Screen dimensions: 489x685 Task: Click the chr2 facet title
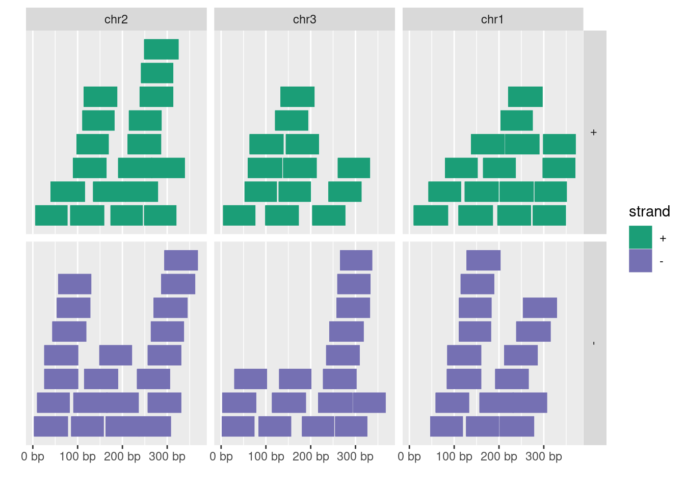tap(116, 19)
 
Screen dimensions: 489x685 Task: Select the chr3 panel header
tap(304, 19)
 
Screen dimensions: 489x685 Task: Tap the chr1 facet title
tap(492, 19)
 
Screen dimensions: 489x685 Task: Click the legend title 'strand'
tap(649, 211)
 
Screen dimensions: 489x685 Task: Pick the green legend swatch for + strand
tap(640, 237)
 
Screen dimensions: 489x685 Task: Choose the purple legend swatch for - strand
tap(640, 261)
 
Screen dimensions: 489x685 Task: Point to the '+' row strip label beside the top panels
tap(594, 132)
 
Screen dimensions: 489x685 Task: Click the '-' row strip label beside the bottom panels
tap(594, 343)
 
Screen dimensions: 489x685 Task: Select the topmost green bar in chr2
tap(161, 49)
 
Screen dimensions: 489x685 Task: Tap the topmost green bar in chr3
tap(297, 97)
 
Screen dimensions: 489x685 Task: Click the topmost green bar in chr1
tap(525, 97)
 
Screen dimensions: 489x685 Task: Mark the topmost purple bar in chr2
tap(181, 260)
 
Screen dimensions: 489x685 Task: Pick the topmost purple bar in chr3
tap(356, 260)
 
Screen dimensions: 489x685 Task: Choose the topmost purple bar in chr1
tap(483, 260)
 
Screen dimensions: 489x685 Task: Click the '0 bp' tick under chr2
tap(33, 456)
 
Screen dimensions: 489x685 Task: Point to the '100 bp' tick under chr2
tap(77, 456)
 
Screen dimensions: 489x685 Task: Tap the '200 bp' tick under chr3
tap(310, 456)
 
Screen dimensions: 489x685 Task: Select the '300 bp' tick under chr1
tap(543, 456)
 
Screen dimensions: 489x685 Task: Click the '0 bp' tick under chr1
tap(409, 456)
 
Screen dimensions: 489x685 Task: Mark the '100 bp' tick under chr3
tap(266, 456)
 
